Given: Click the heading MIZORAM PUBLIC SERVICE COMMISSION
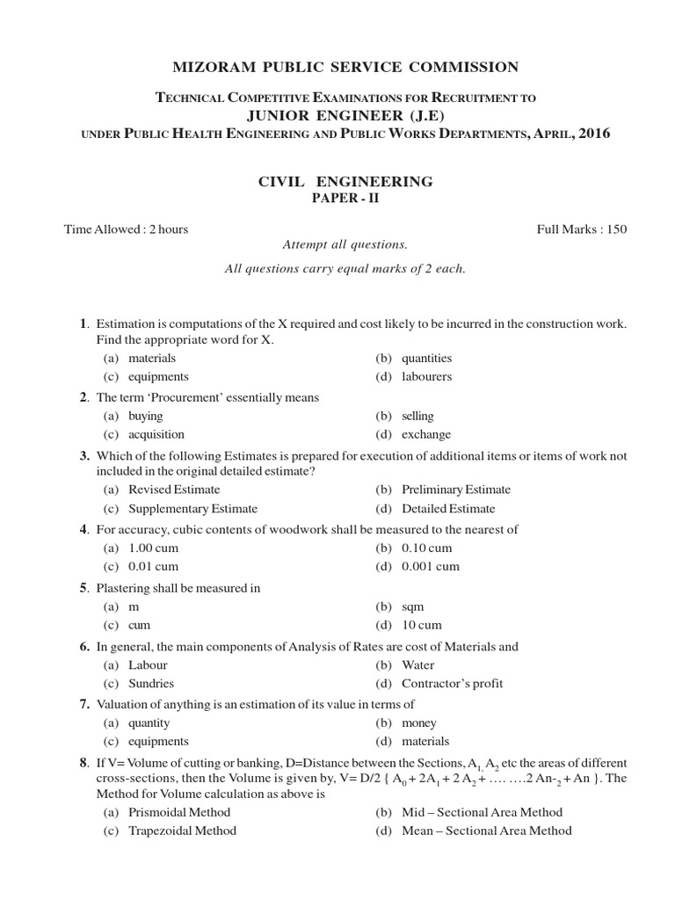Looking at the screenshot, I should point(337,67).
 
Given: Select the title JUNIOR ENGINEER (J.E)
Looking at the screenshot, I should point(337,115).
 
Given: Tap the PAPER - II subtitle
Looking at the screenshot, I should point(337,199).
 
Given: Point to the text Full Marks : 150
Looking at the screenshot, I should point(582,229).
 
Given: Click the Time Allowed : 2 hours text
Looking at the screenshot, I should point(126,229).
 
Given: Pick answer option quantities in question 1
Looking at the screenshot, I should point(426,358).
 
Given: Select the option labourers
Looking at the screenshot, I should point(426,376).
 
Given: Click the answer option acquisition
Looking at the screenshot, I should point(156,434).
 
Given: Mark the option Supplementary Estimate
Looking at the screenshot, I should point(192,508).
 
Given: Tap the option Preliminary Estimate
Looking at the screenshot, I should point(455,490).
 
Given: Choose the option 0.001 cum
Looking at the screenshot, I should point(430,566).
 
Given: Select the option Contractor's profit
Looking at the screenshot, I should point(452,683).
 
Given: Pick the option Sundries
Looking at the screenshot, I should point(151,683).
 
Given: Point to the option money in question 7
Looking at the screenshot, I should point(418,722).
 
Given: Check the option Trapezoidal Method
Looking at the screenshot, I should point(182,831).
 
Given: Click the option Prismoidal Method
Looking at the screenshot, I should point(179,812).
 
